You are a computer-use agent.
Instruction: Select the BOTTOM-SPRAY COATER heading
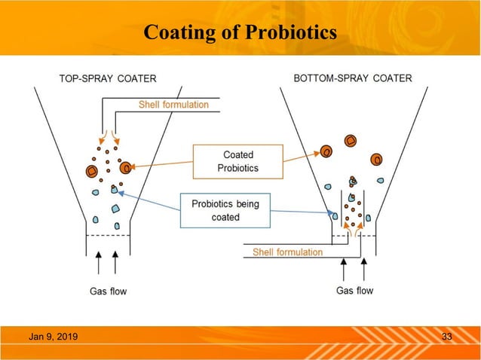coord(353,78)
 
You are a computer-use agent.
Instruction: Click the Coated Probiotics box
coord(237,161)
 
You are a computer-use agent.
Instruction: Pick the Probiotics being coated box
coord(225,210)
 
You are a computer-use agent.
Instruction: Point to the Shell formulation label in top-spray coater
coord(173,105)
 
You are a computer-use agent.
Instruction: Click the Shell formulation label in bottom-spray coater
coord(287,252)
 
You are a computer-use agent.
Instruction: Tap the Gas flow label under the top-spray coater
coord(106,291)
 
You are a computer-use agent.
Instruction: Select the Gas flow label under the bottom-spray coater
coord(354,290)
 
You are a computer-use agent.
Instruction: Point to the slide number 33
coord(446,336)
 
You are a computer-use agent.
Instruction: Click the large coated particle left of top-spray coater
coord(91,171)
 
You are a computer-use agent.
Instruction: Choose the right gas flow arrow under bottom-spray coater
coord(364,268)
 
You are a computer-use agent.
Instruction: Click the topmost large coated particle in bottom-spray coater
coord(350,140)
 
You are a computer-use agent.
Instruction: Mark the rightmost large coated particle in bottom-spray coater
coord(376,158)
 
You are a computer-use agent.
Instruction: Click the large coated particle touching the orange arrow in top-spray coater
coord(126,164)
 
